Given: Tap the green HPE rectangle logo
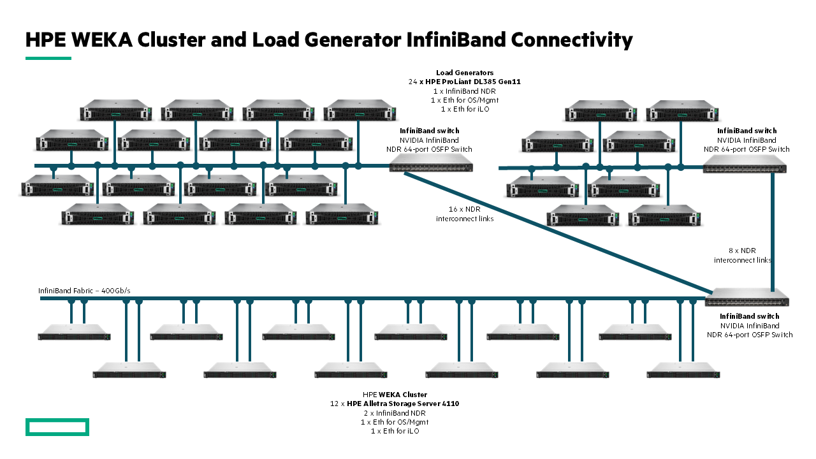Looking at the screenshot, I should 57,427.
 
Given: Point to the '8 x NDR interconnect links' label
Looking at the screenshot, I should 743,255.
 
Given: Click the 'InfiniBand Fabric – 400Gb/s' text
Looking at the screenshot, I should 84,291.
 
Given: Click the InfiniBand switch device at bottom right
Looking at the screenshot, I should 747,298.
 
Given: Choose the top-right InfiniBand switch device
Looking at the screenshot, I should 745,168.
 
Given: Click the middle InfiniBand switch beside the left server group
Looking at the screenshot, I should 430,167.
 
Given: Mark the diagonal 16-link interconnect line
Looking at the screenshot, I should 555,233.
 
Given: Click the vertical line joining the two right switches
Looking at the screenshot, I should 772,229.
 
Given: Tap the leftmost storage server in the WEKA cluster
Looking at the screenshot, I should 74,332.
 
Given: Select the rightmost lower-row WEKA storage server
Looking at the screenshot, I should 683,370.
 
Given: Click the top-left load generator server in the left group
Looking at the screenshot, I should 115,110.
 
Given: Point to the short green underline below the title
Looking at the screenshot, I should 48,58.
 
